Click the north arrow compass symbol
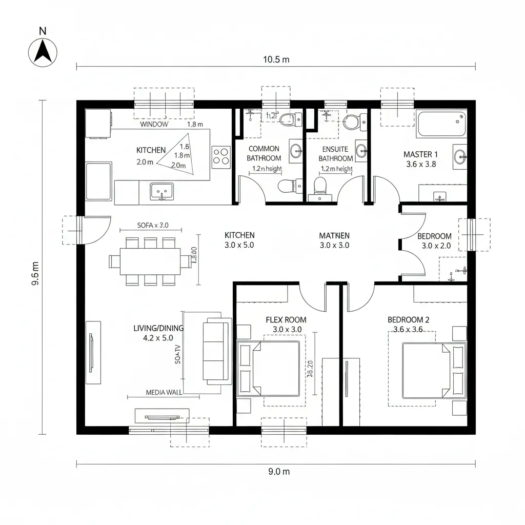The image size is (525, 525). pyautogui.click(x=45, y=52)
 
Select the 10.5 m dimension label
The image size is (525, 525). pyautogui.click(x=276, y=59)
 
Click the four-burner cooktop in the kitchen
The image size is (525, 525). pyautogui.click(x=221, y=156)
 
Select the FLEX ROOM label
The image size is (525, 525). pyautogui.click(x=286, y=319)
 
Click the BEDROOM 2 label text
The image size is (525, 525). pyautogui.click(x=408, y=319)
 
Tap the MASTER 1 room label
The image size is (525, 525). pyautogui.click(x=420, y=154)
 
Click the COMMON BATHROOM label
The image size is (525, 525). pyautogui.click(x=264, y=153)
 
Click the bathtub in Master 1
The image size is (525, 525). pyautogui.click(x=440, y=124)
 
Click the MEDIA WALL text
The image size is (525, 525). pyautogui.click(x=164, y=392)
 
